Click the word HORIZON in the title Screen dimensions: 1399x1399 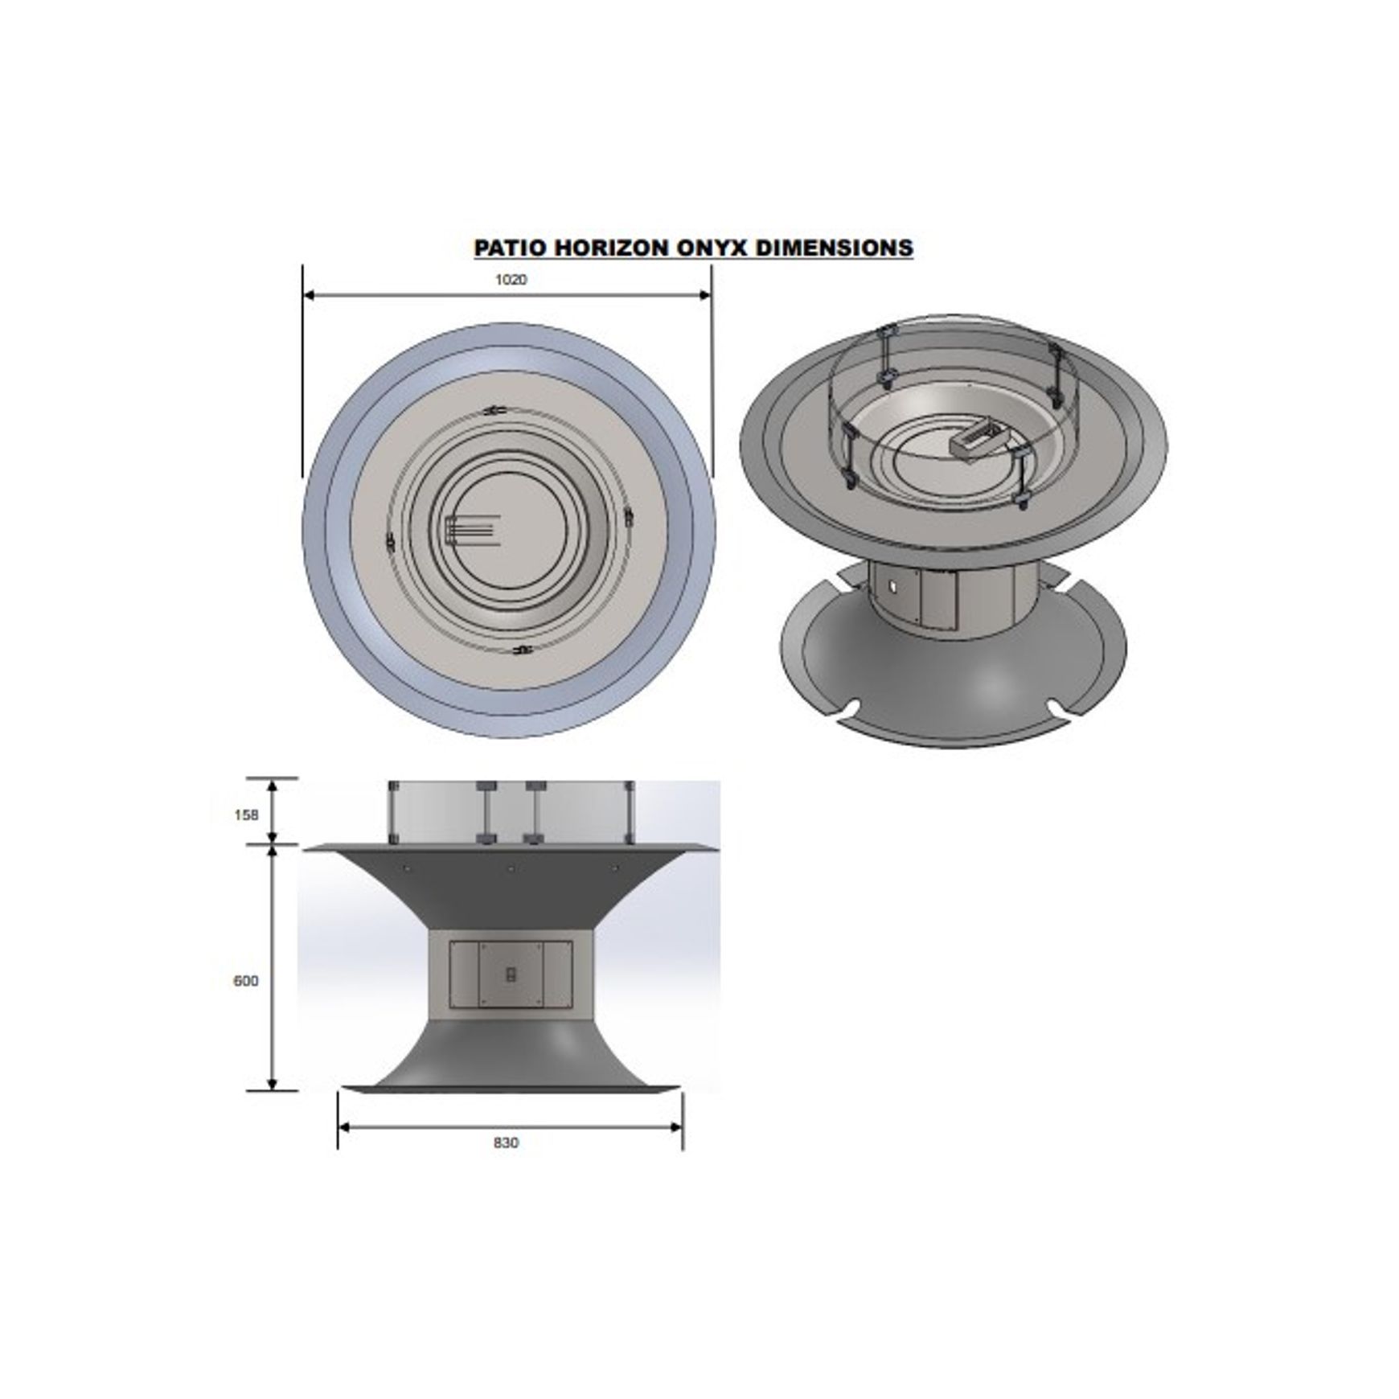point(606,247)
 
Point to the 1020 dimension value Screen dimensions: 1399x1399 point(511,280)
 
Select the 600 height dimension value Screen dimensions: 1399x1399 point(246,981)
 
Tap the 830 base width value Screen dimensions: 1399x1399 point(507,1143)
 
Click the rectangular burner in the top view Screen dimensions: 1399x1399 point(469,531)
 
